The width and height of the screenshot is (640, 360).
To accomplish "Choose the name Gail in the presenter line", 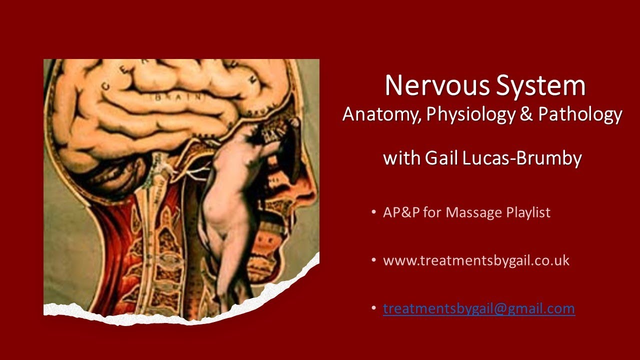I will click(x=443, y=158).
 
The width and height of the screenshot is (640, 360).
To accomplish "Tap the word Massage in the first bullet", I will click(x=470, y=212).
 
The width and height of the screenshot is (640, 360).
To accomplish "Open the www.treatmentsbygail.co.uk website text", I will click(x=476, y=260).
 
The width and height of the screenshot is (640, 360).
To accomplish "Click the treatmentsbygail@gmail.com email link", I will click(x=478, y=308).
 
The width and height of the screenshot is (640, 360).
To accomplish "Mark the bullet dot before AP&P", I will click(x=374, y=212).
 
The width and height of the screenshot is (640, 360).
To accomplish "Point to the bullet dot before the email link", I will click(x=374, y=308).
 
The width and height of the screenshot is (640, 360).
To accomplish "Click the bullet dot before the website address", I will click(x=374, y=260).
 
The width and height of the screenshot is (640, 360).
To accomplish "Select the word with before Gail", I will click(x=401, y=158).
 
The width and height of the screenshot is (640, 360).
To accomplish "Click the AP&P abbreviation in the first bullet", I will click(x=401, y=212).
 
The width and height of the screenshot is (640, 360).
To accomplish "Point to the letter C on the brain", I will click(x=105, y=85).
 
